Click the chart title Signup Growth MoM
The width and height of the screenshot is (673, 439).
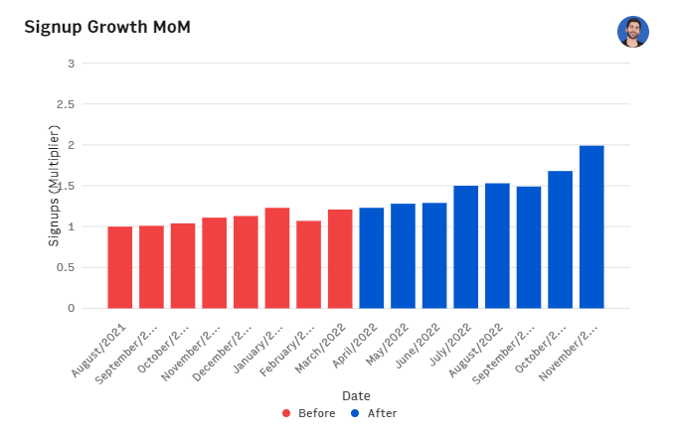coord(107,27)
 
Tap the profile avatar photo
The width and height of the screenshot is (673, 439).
coord(632,31)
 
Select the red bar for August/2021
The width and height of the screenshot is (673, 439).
coord(120,267)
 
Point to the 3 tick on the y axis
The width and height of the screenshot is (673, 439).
coord(71,64)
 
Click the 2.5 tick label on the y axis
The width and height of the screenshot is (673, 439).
coord(67,104)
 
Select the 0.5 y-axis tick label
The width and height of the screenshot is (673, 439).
coord(67,267)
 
